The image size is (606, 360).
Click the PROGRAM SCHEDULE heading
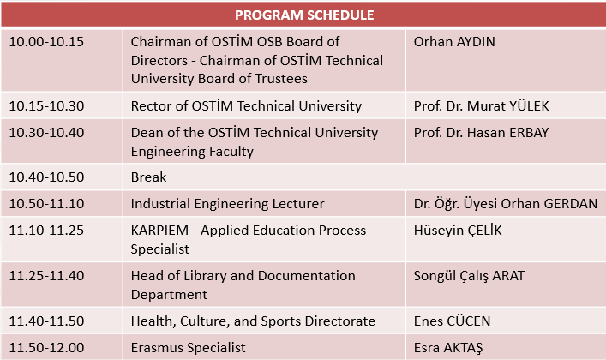304,15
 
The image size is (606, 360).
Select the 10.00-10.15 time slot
46,42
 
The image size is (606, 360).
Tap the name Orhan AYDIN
454,42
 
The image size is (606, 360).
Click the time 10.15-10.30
46,106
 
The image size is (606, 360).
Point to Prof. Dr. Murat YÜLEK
481,106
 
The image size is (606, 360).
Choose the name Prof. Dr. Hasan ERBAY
481,133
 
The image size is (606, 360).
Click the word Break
149,177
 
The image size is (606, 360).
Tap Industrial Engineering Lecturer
228,204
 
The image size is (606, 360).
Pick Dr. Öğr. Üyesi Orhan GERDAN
506,203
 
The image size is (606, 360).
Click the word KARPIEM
159,231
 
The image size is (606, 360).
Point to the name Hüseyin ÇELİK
458,231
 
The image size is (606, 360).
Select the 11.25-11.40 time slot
46,276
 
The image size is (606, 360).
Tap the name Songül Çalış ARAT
469,276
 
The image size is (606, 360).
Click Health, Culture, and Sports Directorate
253,321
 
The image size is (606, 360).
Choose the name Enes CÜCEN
453,321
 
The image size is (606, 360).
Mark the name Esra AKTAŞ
448,348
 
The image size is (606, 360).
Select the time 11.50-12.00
46,348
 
